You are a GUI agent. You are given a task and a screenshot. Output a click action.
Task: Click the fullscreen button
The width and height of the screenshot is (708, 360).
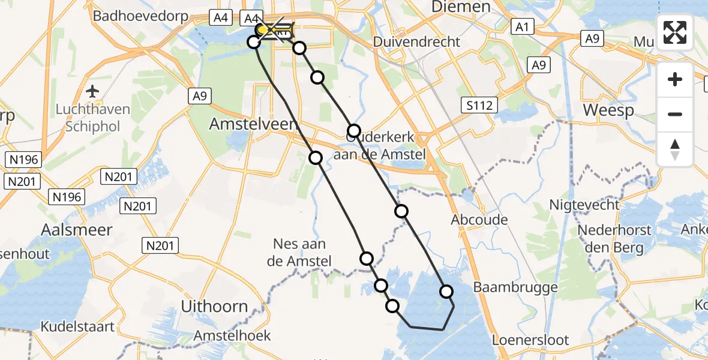[675, 32]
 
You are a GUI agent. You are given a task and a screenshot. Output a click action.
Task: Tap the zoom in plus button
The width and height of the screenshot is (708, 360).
[675, 79]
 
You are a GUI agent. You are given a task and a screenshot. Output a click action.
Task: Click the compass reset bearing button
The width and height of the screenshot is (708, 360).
[675, 149]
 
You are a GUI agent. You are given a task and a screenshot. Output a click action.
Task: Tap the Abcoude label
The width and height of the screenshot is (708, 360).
[479, 220]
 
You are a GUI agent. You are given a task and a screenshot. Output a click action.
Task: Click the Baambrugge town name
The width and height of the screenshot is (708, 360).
[515, 287]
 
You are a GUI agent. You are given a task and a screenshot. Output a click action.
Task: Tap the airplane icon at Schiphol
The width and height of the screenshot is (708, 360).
[92, 92]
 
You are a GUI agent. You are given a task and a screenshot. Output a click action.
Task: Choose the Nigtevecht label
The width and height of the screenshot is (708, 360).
[584, 205]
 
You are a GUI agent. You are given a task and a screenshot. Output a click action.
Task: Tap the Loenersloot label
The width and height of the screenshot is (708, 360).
[530, 340]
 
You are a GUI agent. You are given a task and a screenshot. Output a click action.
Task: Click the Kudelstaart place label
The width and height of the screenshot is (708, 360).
[78, 327]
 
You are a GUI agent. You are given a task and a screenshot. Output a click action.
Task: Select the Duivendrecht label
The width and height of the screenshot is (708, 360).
[416, 42]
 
